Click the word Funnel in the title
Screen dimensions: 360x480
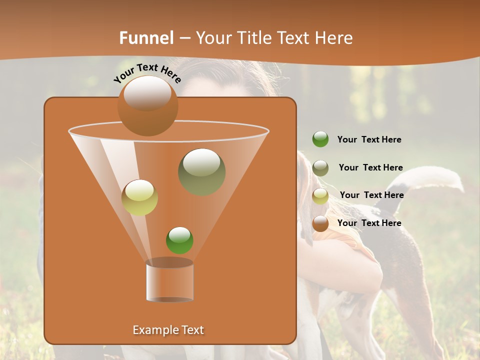pos(146,38)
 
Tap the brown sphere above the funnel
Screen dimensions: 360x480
pos(147,106)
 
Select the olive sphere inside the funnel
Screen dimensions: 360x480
pos(201,171)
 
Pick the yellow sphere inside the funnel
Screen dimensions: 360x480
pos(139,197)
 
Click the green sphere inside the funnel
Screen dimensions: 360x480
pos(179,240)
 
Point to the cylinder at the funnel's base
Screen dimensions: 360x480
pos(169,281)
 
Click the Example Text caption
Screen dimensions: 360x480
pos(168,330)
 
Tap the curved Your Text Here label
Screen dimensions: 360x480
pos(147,73)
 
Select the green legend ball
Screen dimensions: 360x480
pos(320,139)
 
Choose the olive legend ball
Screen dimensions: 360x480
pos(320,167)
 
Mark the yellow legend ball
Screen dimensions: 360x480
pos(320,196)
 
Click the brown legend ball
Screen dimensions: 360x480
pos(320,223)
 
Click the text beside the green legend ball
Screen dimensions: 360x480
pos(369,140)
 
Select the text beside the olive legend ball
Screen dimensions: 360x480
pos(370,167)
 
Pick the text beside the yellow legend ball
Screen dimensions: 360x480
pos(371,195)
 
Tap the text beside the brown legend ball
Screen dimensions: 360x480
pos(369,223)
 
